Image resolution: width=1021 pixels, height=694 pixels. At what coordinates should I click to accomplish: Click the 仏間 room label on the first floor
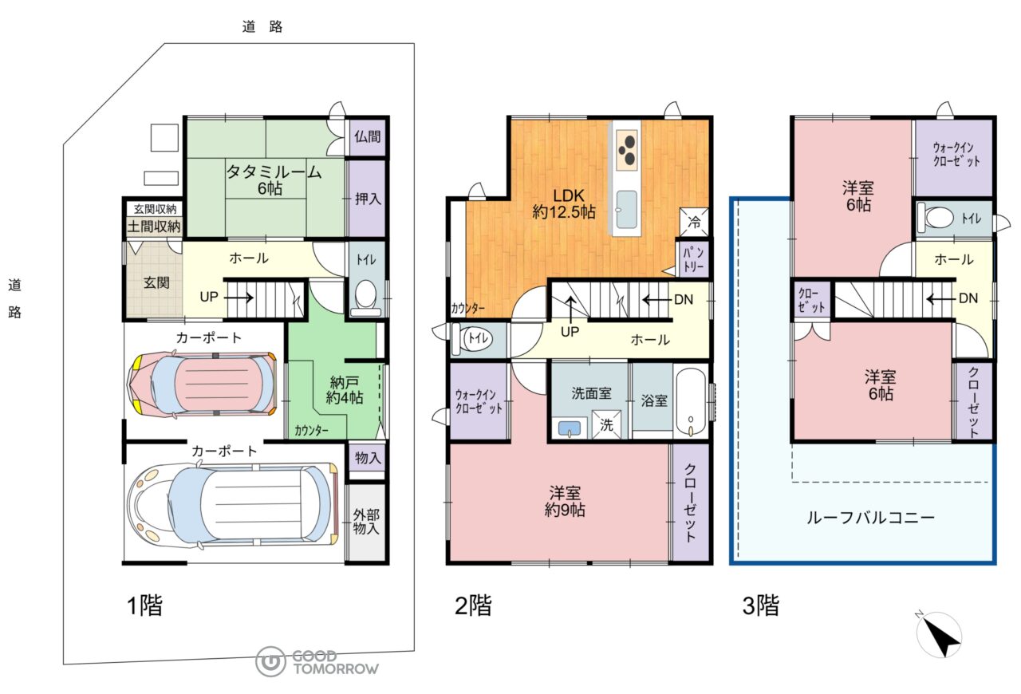pos(368,136)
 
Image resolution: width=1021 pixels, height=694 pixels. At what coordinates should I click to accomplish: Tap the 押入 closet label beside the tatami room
pos(368,199)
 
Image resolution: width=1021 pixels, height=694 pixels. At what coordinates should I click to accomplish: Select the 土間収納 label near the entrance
pos(154,227)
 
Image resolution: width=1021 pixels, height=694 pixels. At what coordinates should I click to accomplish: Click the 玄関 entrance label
pos(156,282)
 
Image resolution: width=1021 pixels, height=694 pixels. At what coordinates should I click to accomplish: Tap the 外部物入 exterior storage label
pos(366,522)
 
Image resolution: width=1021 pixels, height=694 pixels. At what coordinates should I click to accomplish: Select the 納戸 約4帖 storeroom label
pos(345,390)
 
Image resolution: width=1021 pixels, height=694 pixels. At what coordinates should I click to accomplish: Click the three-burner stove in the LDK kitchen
pos(627,149)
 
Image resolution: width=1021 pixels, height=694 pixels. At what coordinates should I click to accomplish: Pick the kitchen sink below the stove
pos(627,209)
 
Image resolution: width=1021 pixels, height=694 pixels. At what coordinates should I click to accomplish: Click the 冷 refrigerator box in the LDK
pos(694,222)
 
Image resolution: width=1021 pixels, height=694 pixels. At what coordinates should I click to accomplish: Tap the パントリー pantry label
pos(693,259)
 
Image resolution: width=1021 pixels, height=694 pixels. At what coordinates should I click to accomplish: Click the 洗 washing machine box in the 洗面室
pos(606,424)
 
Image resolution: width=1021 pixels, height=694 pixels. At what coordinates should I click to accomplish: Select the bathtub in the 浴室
pos(691,402)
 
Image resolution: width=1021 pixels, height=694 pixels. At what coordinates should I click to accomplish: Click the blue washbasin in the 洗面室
pos(570,428)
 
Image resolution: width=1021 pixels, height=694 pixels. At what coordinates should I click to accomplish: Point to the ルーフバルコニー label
pos(870,518)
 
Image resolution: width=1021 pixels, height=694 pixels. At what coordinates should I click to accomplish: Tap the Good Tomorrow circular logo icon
pos(270,661)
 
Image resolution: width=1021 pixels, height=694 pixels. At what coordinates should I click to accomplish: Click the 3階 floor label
pos(761,605)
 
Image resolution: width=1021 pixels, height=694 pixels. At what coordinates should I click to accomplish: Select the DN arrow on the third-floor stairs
pos(940,299)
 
